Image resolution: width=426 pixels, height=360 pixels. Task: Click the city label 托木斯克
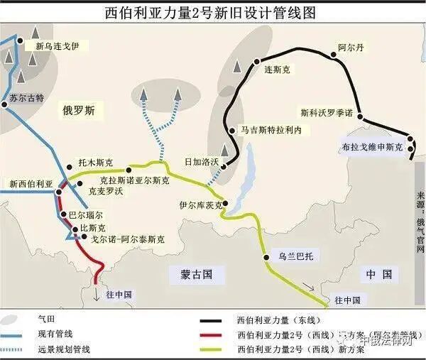point(95,163)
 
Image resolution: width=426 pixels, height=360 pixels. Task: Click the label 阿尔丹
point(351,48)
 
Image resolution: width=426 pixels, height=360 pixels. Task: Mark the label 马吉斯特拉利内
point(271,131)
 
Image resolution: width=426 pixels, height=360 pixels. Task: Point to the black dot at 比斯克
point(75,228)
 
